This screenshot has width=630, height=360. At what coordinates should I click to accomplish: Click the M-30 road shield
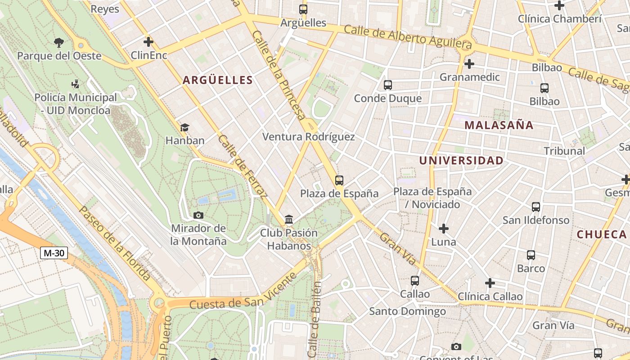(x=54, y=253)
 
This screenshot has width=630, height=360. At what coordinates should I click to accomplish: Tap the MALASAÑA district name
(x=499, y=125)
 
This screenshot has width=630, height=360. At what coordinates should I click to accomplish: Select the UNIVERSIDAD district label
(x=461, y=161)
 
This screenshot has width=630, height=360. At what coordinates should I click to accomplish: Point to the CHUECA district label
(x=602, y=234)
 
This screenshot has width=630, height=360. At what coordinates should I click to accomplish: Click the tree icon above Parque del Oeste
(x=58, y=43)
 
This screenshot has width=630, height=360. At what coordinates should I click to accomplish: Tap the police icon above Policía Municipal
(x=75, y=84)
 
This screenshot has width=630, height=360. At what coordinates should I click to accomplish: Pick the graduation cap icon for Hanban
(x=184, y=127)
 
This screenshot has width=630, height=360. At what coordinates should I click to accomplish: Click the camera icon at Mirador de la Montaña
(x=198, y=215)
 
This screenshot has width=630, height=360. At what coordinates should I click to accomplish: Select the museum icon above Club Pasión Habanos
(x=289, y=220)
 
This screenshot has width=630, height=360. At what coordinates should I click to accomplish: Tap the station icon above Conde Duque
(x=387, y=85)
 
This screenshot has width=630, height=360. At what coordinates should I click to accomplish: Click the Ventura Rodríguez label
(x=308, y=137)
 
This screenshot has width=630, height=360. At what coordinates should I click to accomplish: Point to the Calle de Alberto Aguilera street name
(x=408, y=37)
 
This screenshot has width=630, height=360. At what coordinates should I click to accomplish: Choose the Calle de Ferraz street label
(x=242, y=166)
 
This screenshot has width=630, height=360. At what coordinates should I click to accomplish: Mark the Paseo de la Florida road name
(x=114, y=243)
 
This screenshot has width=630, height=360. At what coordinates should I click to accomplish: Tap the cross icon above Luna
(x=444, y=229)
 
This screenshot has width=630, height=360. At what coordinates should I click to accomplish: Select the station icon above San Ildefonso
(x=535, y=207)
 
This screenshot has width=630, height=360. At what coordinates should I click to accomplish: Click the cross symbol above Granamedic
(x=469, y=64)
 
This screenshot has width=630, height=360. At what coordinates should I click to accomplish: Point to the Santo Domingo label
(x=407, y=311)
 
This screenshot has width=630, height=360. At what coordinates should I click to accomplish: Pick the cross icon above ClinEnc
(x=148, y=42)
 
